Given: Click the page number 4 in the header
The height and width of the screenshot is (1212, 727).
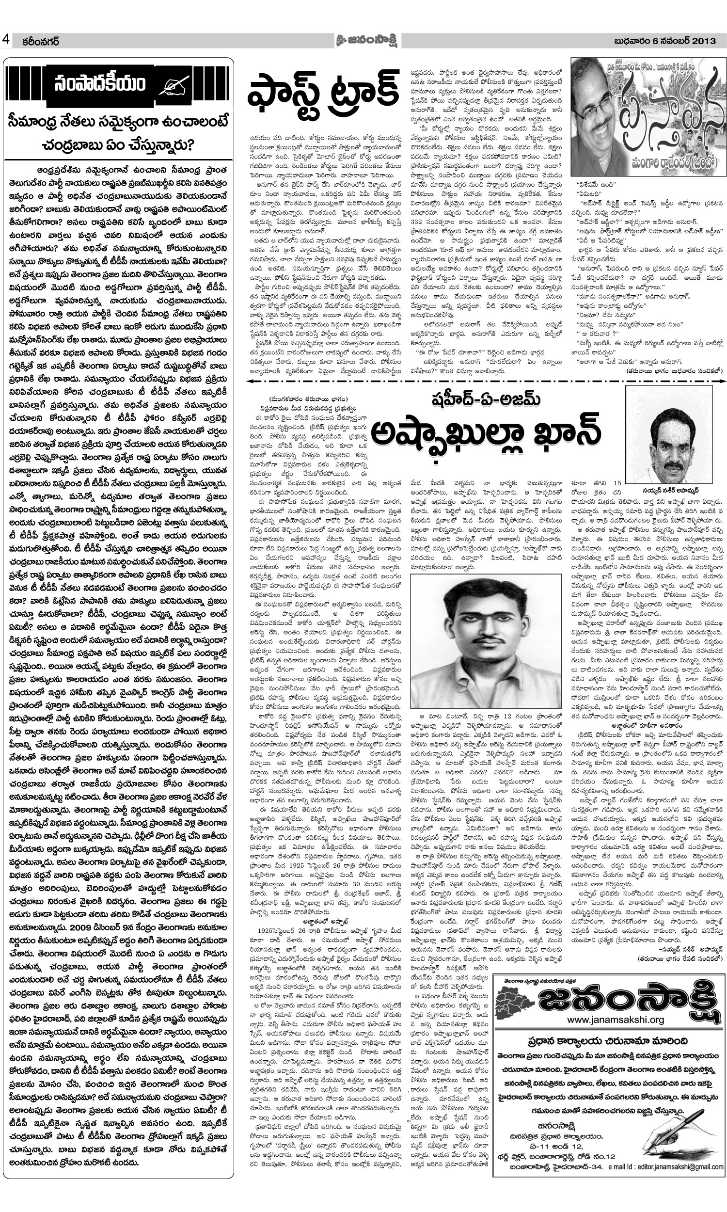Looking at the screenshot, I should pos(6,40).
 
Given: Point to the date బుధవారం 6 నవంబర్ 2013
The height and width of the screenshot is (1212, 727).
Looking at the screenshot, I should pos(668,41).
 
